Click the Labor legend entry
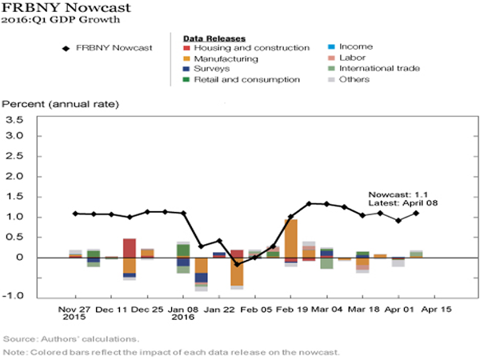point(352,58)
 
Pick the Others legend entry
point(354,79)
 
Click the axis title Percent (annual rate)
point(61,104)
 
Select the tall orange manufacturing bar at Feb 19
point(291,239)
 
